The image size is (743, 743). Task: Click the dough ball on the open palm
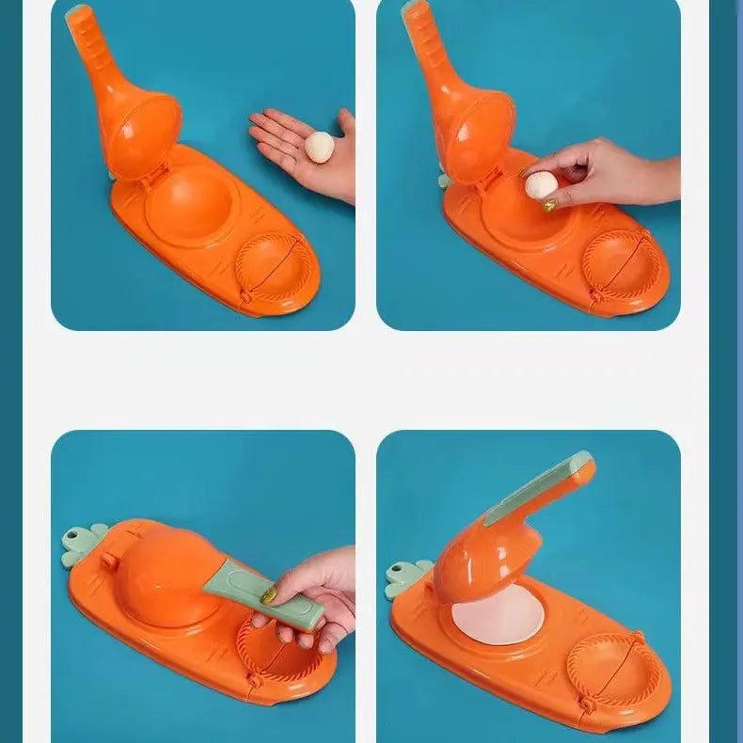tap(321, 146)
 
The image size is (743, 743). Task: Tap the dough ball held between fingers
tap(540, 185)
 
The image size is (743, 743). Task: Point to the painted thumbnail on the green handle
tap(269, 594)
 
